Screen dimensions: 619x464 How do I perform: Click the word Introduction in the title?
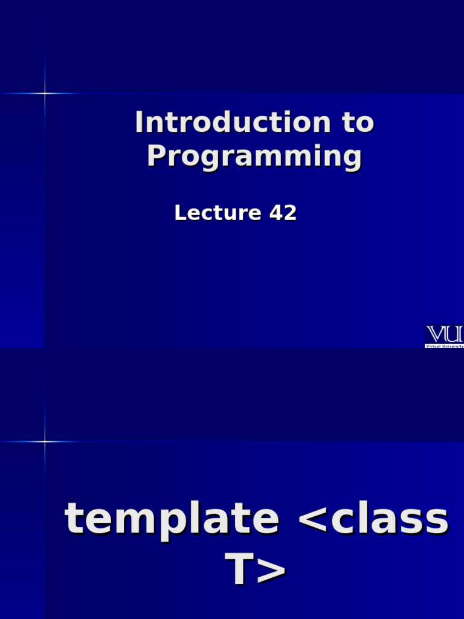pos(233,123)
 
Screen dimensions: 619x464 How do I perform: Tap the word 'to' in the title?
pos(358,123)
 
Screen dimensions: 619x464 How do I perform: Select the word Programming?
pos(254,157)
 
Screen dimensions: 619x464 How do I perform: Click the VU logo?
pos(445,334)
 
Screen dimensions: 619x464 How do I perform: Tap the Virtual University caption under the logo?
pos(445,346)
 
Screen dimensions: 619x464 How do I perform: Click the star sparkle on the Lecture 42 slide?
pos(44,93)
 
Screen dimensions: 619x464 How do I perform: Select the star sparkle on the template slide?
pos(44,442)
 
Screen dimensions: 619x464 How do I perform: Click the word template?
pos(172,519)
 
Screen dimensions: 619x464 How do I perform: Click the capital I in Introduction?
pos(140,123)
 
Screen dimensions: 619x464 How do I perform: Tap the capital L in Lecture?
pos(179,213)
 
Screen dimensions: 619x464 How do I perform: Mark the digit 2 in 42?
pos(290,213)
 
